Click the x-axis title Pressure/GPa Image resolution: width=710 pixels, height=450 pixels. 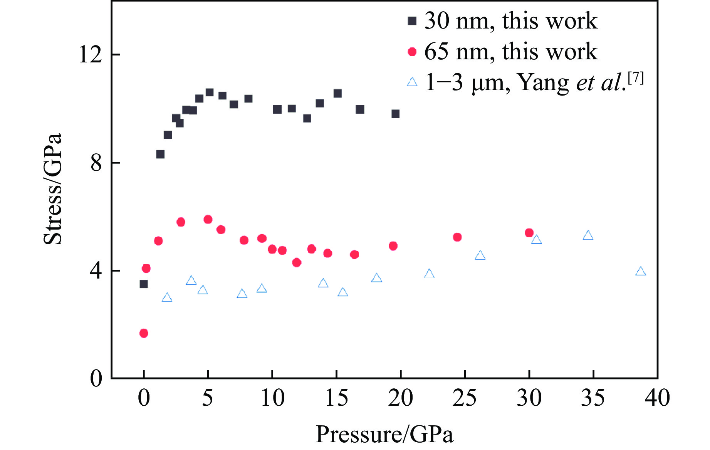click(384, 435)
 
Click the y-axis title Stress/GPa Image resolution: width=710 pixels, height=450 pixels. click(52, 189)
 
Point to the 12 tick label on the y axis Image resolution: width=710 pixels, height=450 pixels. click(90, 54)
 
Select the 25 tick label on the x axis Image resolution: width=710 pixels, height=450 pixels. click(465, 398)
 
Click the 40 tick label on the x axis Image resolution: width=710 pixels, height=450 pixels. click(657, 398)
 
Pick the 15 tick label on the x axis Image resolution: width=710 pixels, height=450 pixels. click(336, 398)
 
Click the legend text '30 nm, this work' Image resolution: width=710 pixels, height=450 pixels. click(511, 21)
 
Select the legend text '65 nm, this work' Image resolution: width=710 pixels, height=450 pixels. click(511, 52)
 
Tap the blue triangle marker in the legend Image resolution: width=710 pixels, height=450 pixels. click(412, 82)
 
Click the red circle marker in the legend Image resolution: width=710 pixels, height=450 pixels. click(412, 52)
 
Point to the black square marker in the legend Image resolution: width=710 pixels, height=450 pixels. click(412, 21)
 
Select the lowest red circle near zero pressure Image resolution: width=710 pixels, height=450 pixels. click(144, 333)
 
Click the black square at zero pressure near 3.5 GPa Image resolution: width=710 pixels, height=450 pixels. click(144, 284)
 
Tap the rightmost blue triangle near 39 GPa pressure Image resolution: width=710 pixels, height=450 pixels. click(640, 271)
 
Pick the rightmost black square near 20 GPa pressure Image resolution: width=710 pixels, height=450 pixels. click(396, 114)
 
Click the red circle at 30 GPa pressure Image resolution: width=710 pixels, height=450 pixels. click(529, 233)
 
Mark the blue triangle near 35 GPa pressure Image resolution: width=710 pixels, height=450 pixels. click(588, 235)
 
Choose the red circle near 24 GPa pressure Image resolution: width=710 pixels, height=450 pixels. click(457, 237)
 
